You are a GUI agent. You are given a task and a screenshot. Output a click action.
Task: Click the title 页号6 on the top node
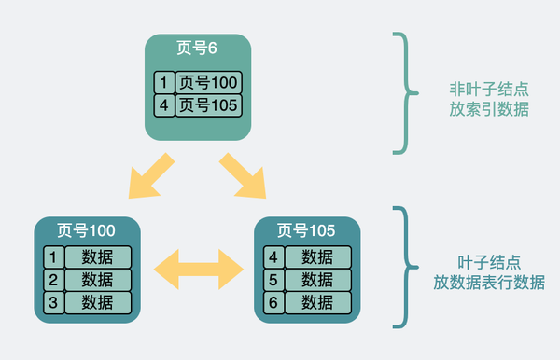tap(199, 48)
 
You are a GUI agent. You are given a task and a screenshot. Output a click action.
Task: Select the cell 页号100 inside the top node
tap(209, 82)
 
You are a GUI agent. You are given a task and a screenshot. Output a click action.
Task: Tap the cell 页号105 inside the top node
tap(209, 104)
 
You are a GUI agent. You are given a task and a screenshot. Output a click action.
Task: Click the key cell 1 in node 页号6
tap(164, 82)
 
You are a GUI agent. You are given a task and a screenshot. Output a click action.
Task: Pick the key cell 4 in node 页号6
tap(164, 104)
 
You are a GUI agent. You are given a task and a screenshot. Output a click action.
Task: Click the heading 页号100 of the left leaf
tap(86, 228)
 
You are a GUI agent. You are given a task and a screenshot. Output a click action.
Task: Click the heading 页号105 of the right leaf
tap(307, 228)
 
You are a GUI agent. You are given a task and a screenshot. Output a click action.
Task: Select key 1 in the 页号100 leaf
tap(53, 256)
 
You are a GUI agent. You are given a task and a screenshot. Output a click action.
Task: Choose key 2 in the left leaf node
tap(53, 279)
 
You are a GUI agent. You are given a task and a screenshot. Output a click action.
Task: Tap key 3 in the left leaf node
tap(53, 301)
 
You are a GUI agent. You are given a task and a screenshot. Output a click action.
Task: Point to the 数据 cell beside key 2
tap(98, 279)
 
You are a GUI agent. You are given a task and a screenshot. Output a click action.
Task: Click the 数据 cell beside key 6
tap(318, 301)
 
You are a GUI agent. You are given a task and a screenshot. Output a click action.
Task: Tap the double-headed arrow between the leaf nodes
tap(198, 268)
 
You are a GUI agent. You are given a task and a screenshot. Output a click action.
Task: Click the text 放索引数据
tap(488, 109)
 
